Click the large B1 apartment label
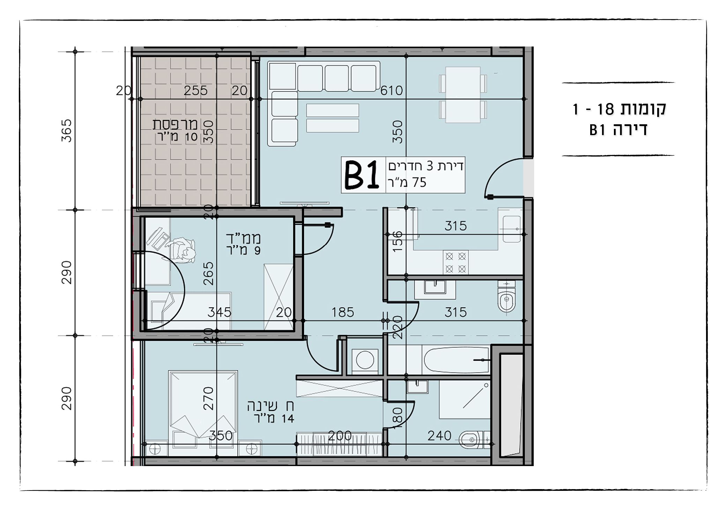[x=362, y=175]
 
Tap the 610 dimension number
[x=392, y=91]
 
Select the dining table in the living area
[x=463, y=95]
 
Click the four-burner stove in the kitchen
[x=455, y=263]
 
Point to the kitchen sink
[x=512, y=229]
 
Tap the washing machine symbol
[x=365, y=359]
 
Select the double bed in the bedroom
[x=203, y=413]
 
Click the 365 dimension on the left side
[x=66, y=131]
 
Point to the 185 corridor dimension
[x=342, y=312]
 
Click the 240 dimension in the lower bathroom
[x=439, y=436]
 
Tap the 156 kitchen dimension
[x=397, y=241]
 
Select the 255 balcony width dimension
[x=196, y=91]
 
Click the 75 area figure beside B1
[x=420, y=183]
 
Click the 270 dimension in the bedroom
[x=208, y=398]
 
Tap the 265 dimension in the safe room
[x=208, y=274]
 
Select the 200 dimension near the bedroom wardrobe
[x=340, y=436]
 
